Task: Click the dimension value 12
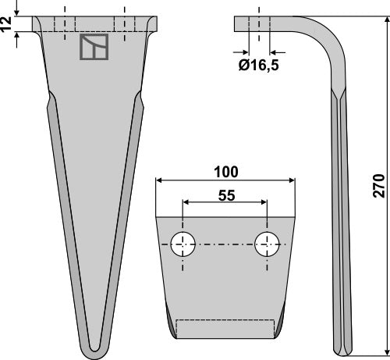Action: pos(7,25)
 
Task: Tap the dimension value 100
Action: pos(225,170)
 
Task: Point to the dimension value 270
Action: pos(379,185)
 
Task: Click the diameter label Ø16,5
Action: pos(257,66)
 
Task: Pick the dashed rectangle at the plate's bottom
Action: pos(225,329)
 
